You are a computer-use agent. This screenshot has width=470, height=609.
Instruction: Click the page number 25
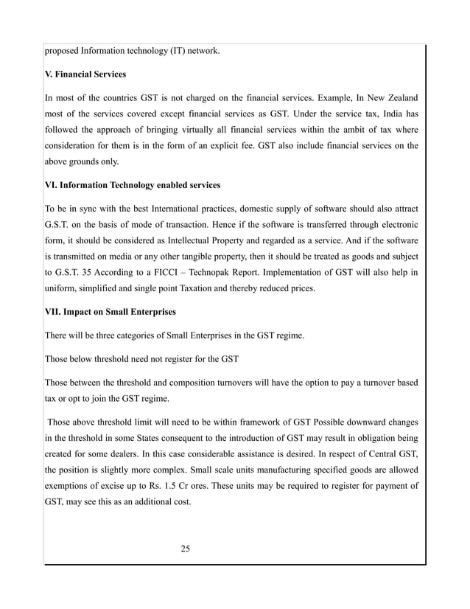pos(185,548)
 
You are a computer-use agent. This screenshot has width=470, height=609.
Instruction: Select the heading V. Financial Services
pos(85,74)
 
